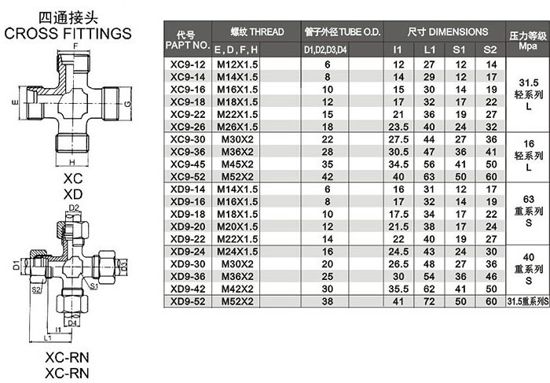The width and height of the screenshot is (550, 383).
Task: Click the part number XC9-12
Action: (x=188, y=64)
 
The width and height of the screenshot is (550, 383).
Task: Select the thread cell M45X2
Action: (x=237, y=164)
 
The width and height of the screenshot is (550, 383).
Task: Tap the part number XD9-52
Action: (x=188, y=301)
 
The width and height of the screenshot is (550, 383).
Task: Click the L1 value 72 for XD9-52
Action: (x=429, y=301)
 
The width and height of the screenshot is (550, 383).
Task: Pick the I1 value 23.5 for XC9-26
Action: (x=398, y=127)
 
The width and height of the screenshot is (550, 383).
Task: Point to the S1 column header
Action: (x=459, y=50)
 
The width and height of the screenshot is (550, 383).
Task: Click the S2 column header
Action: (x=490, y=50)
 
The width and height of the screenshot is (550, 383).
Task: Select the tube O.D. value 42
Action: (x=328, y=177)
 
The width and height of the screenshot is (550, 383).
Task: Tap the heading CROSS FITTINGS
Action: (x=68, y=33)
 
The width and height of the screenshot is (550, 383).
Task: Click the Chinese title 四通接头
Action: (x=68, y=18)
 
